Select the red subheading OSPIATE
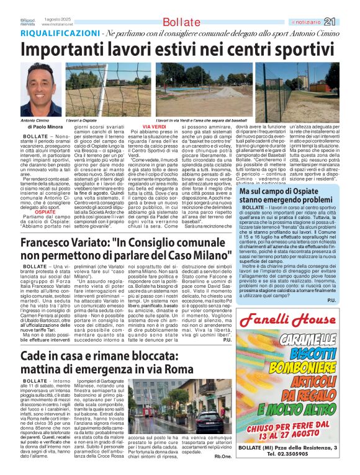pyautogui.click(x=45, y=211)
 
